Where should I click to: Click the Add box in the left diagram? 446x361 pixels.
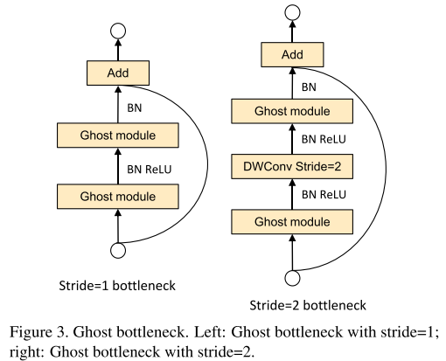(x=117, y=73)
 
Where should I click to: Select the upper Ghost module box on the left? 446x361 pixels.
(x=117, y=135)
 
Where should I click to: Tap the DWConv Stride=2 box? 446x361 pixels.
(x=293, y=165)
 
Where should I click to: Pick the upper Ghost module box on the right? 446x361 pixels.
(x=293, y=111)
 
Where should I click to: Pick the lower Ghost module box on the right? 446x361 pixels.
(x=293, y=222)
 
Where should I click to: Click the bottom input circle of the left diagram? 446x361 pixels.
(x=117, y=250)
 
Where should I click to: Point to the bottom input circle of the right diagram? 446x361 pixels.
(x=293, y=279)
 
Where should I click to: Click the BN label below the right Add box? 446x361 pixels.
(x=310, y=87)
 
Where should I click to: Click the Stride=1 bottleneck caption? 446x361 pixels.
(x=116, y=285)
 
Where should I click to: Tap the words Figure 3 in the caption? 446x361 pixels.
(x=42, y=333)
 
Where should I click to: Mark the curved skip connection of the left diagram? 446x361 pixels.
(x=205, y=162)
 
